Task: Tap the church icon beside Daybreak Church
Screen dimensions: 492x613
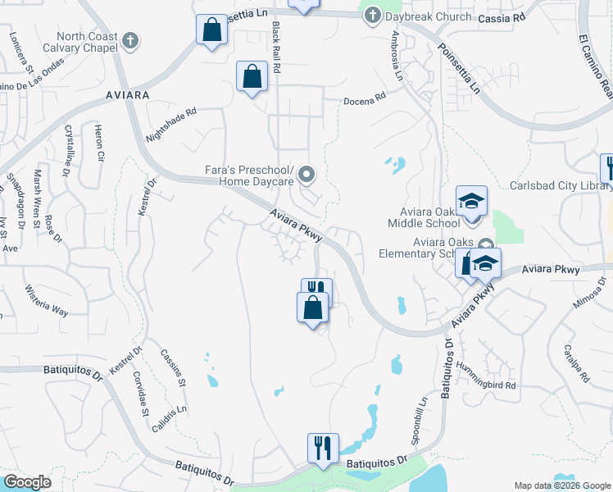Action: pyautogui.click(x=373, y=16)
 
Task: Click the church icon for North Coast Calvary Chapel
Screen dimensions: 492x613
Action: pyautogui.click(x=129, y=41)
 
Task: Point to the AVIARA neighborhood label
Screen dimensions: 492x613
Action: pyautogui.click(x=128, y=95)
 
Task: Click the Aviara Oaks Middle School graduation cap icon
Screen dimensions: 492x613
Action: pyautogui.click(x=471, y=199)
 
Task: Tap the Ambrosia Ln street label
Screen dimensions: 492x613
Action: pyautogui.click(x=398, y=55)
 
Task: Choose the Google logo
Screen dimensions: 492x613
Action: pyautogui.click(x=27, y=482)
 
